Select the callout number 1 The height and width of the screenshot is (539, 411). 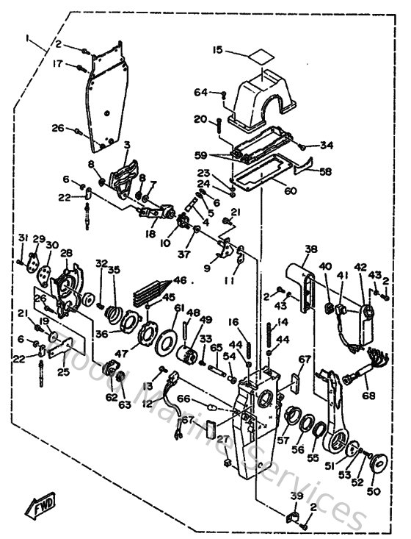click(x=27, y=38)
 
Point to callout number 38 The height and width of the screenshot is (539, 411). click(x=311, y=249)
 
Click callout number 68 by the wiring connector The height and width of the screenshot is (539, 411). click(x=368, y=396)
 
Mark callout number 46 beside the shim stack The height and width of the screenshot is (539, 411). click(x=179, y=281)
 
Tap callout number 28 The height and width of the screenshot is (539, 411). click(x=67, y=253)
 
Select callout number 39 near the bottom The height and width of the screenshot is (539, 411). click(x=297, y=497)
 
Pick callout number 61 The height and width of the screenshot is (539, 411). click(x=178, y=310)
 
